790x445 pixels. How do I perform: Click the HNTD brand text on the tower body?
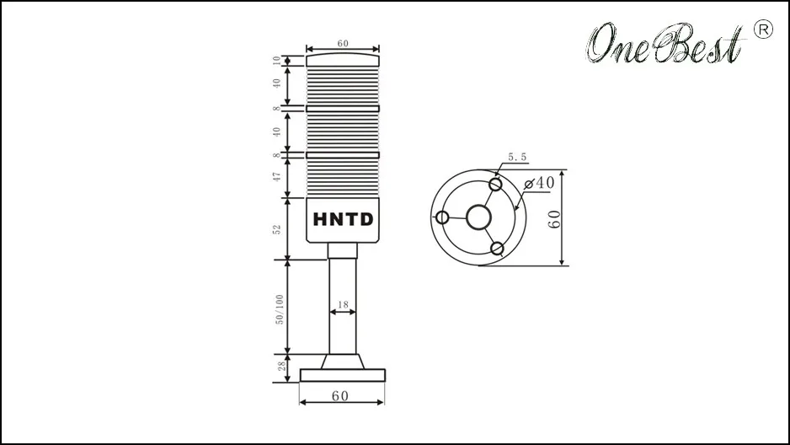(x=343, y=219)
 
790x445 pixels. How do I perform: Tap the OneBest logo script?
(x=665, y=43)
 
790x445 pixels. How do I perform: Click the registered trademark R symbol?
(x=763, y=29)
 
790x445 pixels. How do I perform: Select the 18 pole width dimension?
(x=343, y=304)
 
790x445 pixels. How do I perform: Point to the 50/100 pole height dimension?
(x=279, y=309)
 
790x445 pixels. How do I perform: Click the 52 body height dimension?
(x=276, y=229)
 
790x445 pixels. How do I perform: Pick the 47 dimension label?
(x=276, y=177)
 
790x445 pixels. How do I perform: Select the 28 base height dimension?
(x=281, y=366)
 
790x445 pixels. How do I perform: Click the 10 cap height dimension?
(x=276, y=61)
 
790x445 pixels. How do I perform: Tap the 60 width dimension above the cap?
(x=343, y=43)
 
